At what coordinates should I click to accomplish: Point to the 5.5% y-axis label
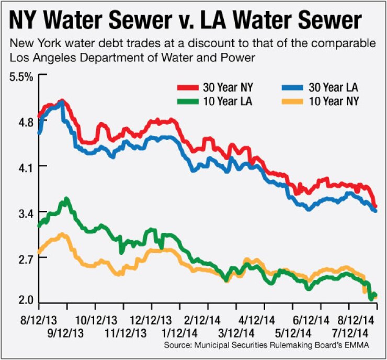[x=21, y=76]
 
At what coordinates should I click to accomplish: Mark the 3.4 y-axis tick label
[x=24, y=212]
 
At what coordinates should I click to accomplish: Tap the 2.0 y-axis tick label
[x=24, y=300]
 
